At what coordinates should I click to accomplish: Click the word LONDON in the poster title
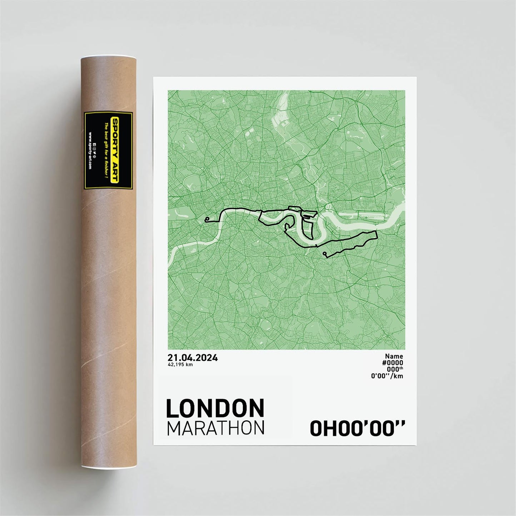215,409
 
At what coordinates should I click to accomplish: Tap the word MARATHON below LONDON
216,428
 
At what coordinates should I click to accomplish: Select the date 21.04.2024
192,358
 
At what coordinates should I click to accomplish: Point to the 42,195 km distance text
180,365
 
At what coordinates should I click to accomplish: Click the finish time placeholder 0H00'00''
357,428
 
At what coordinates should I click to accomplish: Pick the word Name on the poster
394,356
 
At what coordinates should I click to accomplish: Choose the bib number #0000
392,362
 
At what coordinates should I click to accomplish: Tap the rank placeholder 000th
395,369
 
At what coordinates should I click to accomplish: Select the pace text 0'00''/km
387,376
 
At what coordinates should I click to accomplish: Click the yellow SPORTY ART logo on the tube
115,150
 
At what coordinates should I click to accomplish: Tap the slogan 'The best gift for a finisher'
106,150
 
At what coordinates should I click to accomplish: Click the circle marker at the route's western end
207,219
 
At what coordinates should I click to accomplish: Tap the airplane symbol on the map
366,217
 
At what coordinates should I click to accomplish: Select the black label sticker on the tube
108,150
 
